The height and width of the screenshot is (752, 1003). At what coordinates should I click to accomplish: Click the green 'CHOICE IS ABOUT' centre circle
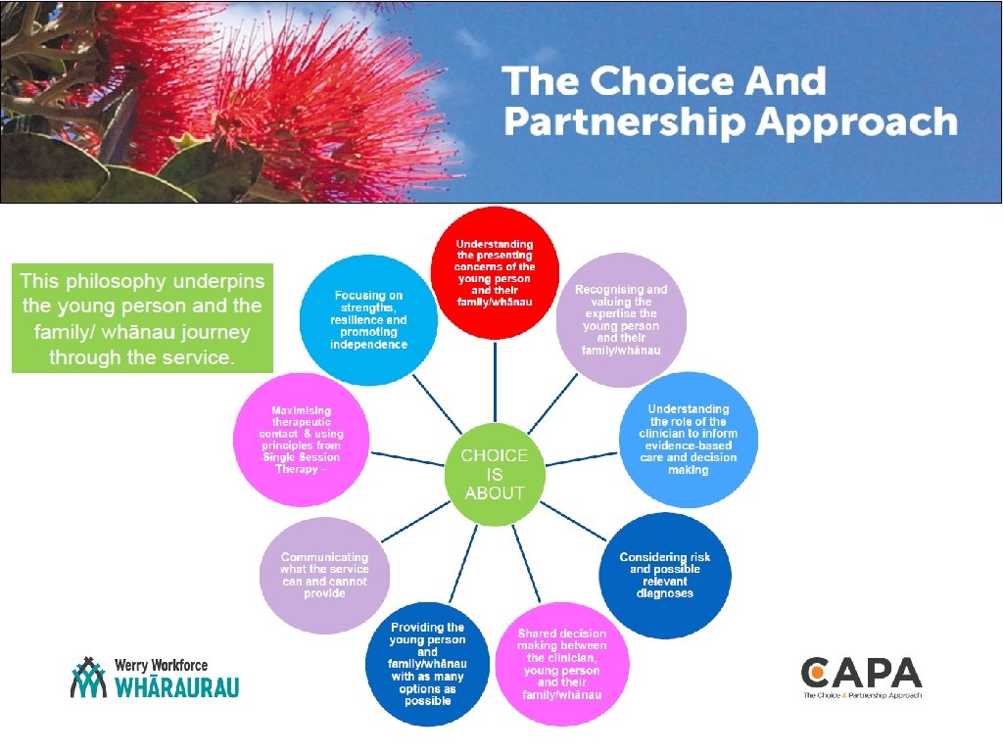click(495, 475)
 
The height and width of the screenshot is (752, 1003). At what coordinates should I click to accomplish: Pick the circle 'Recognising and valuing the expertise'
click(620, 319)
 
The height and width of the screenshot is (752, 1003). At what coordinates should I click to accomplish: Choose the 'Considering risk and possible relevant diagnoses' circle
click(664, 575)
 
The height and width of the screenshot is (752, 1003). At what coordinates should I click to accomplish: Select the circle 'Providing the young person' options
click(427, 664)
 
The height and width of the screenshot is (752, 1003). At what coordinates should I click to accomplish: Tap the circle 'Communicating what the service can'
click(323, 575)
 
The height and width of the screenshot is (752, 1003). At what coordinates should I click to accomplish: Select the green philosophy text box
click(143, 317)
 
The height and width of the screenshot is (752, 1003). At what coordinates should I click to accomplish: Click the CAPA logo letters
click(861, 673)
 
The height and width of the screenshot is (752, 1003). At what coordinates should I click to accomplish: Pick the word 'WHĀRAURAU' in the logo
click(176, 686)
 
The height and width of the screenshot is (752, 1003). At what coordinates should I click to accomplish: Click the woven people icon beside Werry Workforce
click(89, 677)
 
